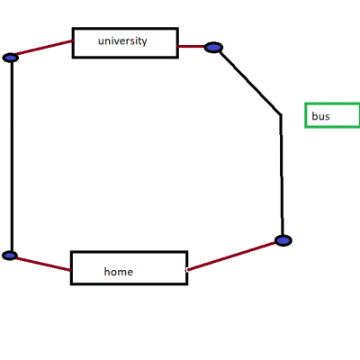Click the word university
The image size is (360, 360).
[122, 41]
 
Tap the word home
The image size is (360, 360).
[119, 272]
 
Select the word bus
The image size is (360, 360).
[320, 116]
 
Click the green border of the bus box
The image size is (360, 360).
[305, 115]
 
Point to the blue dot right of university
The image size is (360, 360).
[213, 48]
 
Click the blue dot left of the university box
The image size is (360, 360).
[11, 58]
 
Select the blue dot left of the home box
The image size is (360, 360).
[10, 256]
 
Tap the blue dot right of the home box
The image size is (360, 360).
[283, 240]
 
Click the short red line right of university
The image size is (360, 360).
[192, 47]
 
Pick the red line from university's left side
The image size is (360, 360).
[44, 48]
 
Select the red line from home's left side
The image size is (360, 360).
[43, 265]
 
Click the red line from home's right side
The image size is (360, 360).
[231, 256]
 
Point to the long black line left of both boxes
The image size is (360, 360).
[12, 156]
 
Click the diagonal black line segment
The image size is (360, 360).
[249, 82]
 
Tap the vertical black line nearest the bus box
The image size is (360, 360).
[282, 175]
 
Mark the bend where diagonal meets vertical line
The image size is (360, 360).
[281, 114]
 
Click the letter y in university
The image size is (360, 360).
[144, 42]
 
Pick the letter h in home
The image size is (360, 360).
[107, 271]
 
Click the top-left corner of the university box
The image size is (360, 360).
[73, 29]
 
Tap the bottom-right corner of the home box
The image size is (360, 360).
[187, 283]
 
